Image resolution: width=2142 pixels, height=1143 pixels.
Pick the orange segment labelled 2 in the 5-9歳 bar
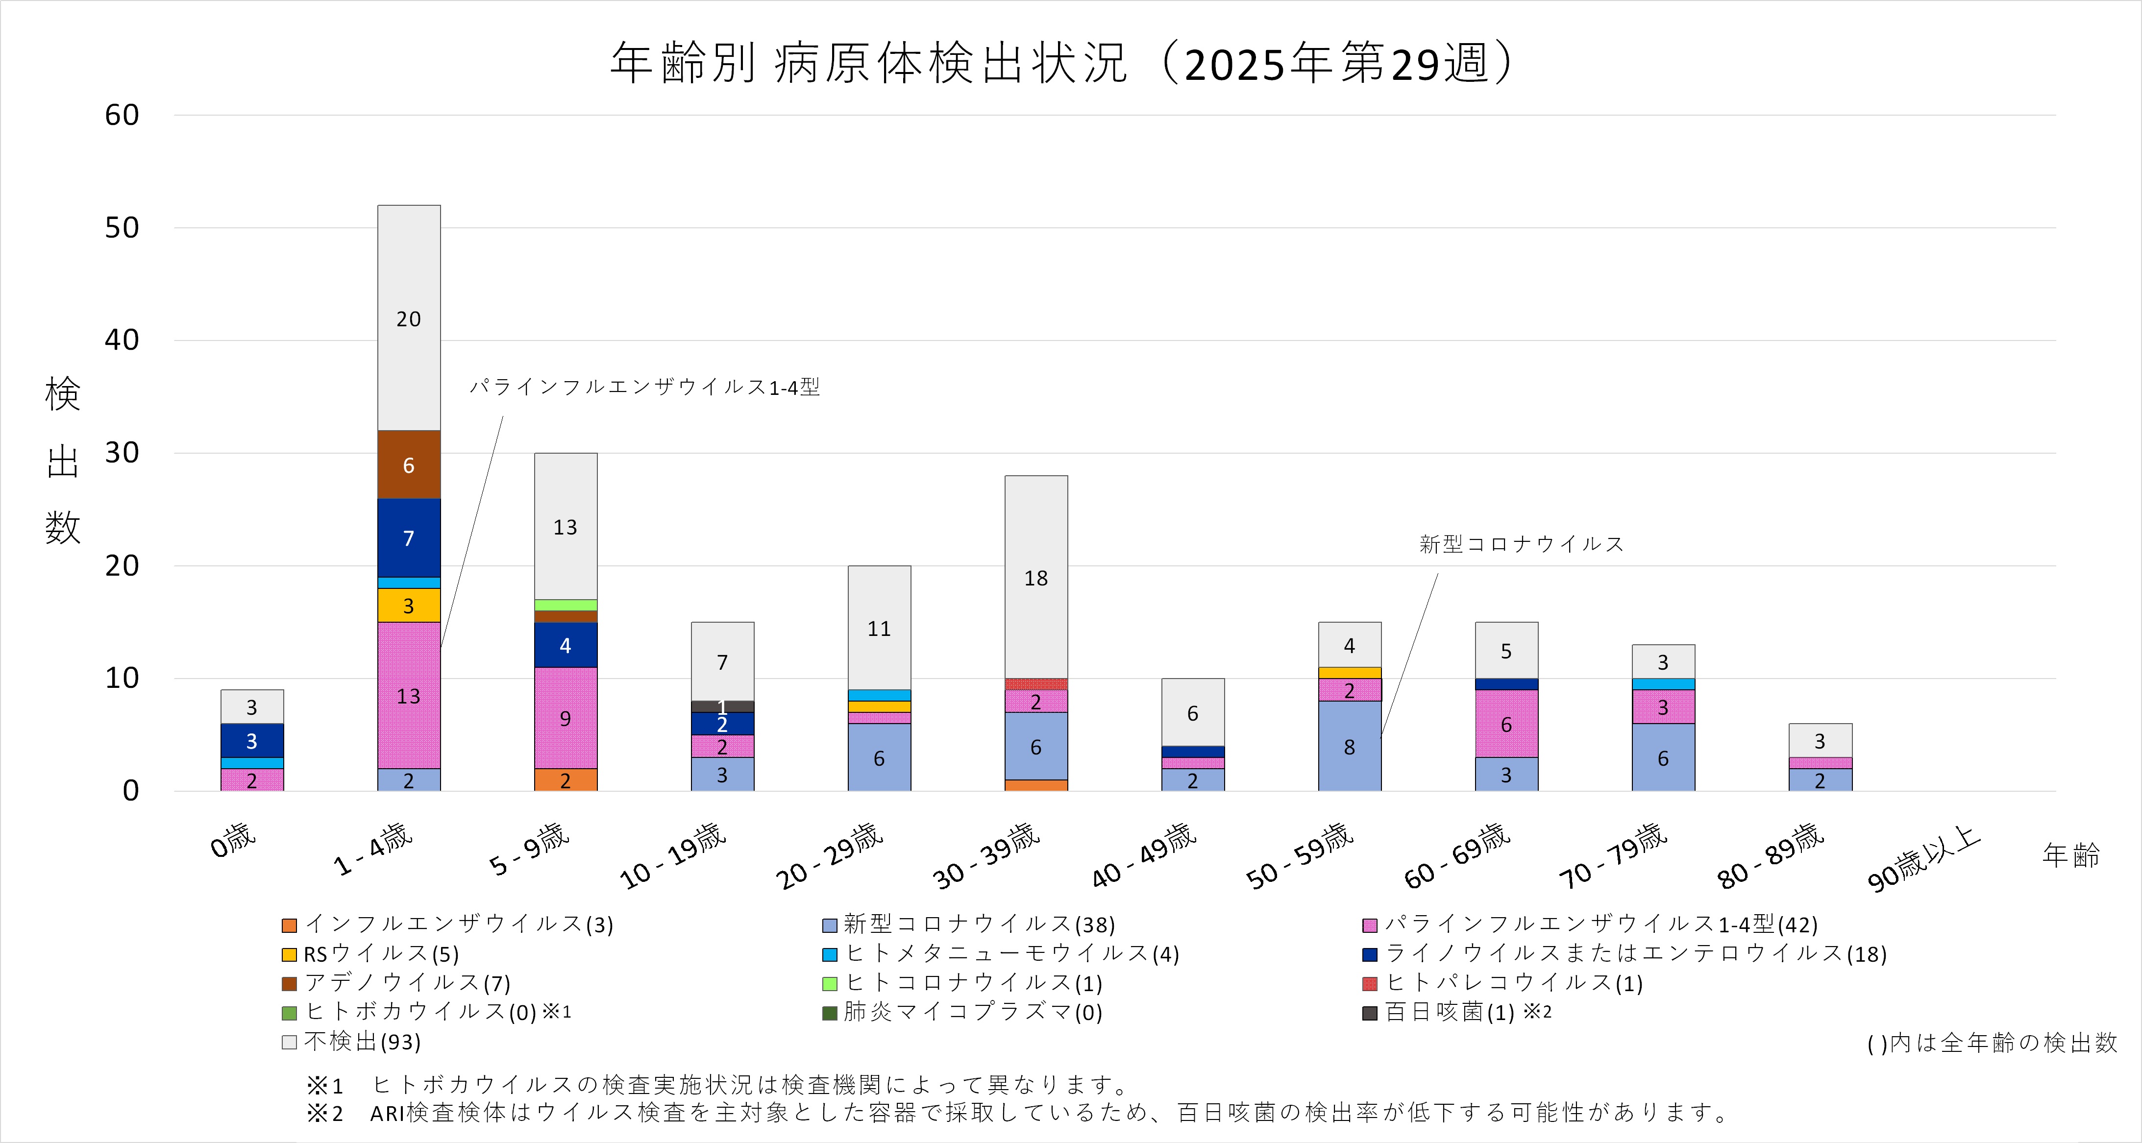coord(566,780)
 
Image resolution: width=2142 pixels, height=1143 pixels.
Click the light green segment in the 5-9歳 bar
coord(566,605)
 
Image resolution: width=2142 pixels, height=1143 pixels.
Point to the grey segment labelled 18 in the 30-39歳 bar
coord(1036,577)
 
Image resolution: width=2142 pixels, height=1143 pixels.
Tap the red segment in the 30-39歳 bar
coord(1036,684)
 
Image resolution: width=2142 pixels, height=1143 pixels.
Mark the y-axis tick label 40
coord(122,340)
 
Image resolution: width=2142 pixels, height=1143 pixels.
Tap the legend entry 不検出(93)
coord(362,1042)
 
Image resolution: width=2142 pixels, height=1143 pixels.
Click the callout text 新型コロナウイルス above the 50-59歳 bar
coord(1521,544)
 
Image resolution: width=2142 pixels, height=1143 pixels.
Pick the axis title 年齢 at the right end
coord(2070,854)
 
